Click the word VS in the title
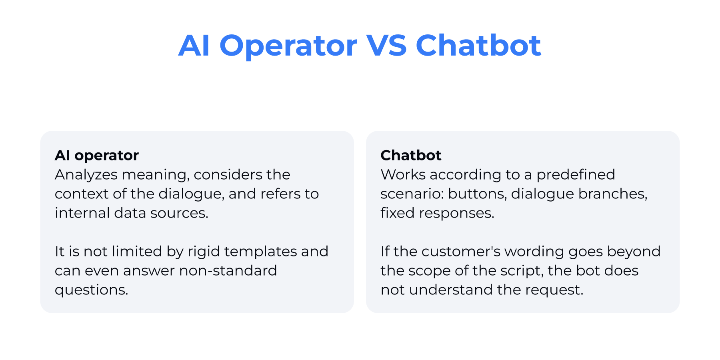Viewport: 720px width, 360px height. [x=386, y=45]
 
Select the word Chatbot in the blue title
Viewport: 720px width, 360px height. [x=478, y=45]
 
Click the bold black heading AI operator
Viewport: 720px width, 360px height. [x=97, y=155]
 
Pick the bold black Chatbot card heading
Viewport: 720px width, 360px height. [x=411, y=155]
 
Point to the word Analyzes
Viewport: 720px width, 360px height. [x=86, y=175]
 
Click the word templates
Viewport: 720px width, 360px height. [x=260, y=252]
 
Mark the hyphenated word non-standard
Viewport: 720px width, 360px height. [x=228, y=271]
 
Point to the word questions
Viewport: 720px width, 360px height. [x=91, y=290]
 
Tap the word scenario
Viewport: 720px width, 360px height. [x=412, y=194]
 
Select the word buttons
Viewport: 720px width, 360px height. [x=477, y=194]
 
